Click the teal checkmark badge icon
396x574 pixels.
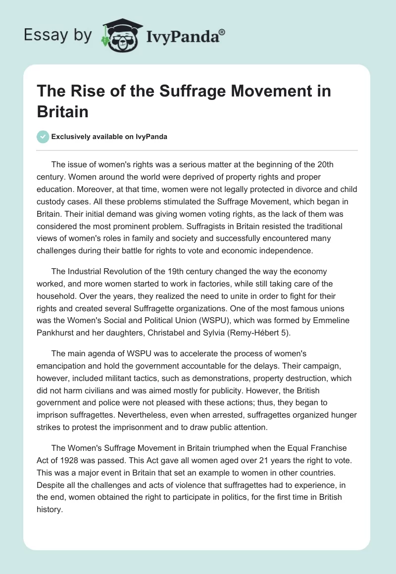pyautogui.click(x=44, y=137)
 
